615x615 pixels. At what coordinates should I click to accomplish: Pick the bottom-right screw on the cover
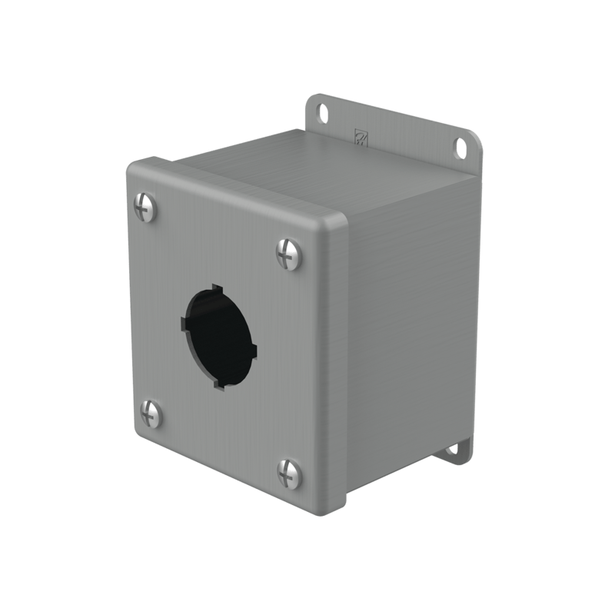(x=290, y=473)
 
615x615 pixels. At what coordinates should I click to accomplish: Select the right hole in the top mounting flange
(x=462, y=146)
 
